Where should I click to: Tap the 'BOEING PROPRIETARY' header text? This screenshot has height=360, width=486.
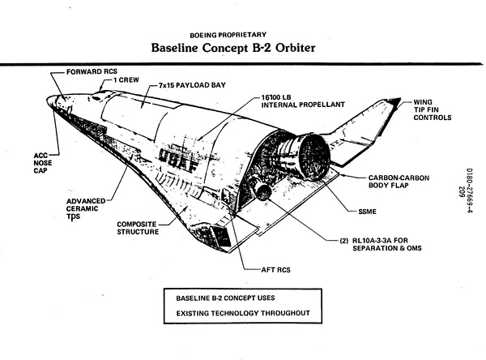(x=230, y=34)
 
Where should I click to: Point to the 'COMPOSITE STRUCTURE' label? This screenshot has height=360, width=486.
(x=143, y=229)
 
